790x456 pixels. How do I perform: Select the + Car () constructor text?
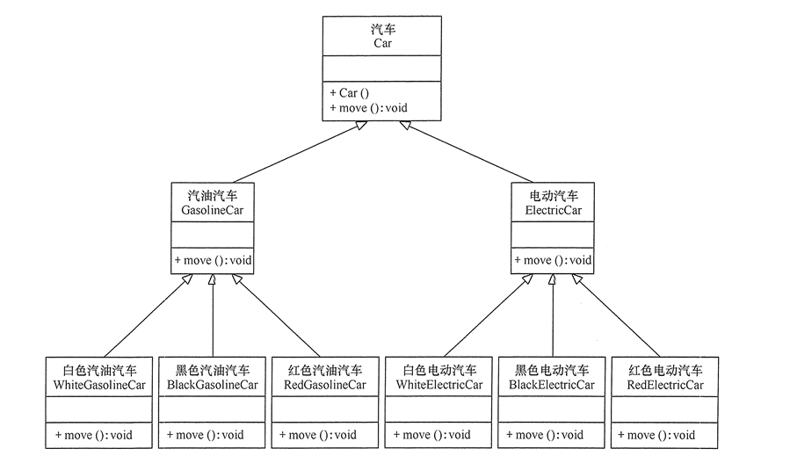[x=349, y=92]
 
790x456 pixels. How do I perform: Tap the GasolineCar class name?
[x=213, y=211]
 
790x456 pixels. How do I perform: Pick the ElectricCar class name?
[x=552, y=211]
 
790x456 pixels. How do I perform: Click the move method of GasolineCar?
[x=214, y=260]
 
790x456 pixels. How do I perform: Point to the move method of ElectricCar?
[x=553, y=260]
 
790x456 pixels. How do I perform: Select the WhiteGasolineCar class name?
[x=100, y=385]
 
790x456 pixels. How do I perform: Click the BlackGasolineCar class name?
[x=213, y=385]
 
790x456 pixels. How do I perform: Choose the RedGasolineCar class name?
[x=325, y=385]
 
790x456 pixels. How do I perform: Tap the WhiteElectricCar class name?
[x=439, y=385]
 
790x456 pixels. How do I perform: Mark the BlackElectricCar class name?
[x=552, y=385]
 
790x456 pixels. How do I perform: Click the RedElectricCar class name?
[x=665, y=385]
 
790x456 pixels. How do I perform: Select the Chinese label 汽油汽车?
[x=213, y=196]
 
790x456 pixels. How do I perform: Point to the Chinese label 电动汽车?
[x=552, y=196]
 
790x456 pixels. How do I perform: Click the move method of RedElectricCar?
[x=664, y=435]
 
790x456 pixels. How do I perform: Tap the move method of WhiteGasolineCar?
[x=99, y=435]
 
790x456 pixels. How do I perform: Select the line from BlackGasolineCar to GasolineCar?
[x=213, y=321]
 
